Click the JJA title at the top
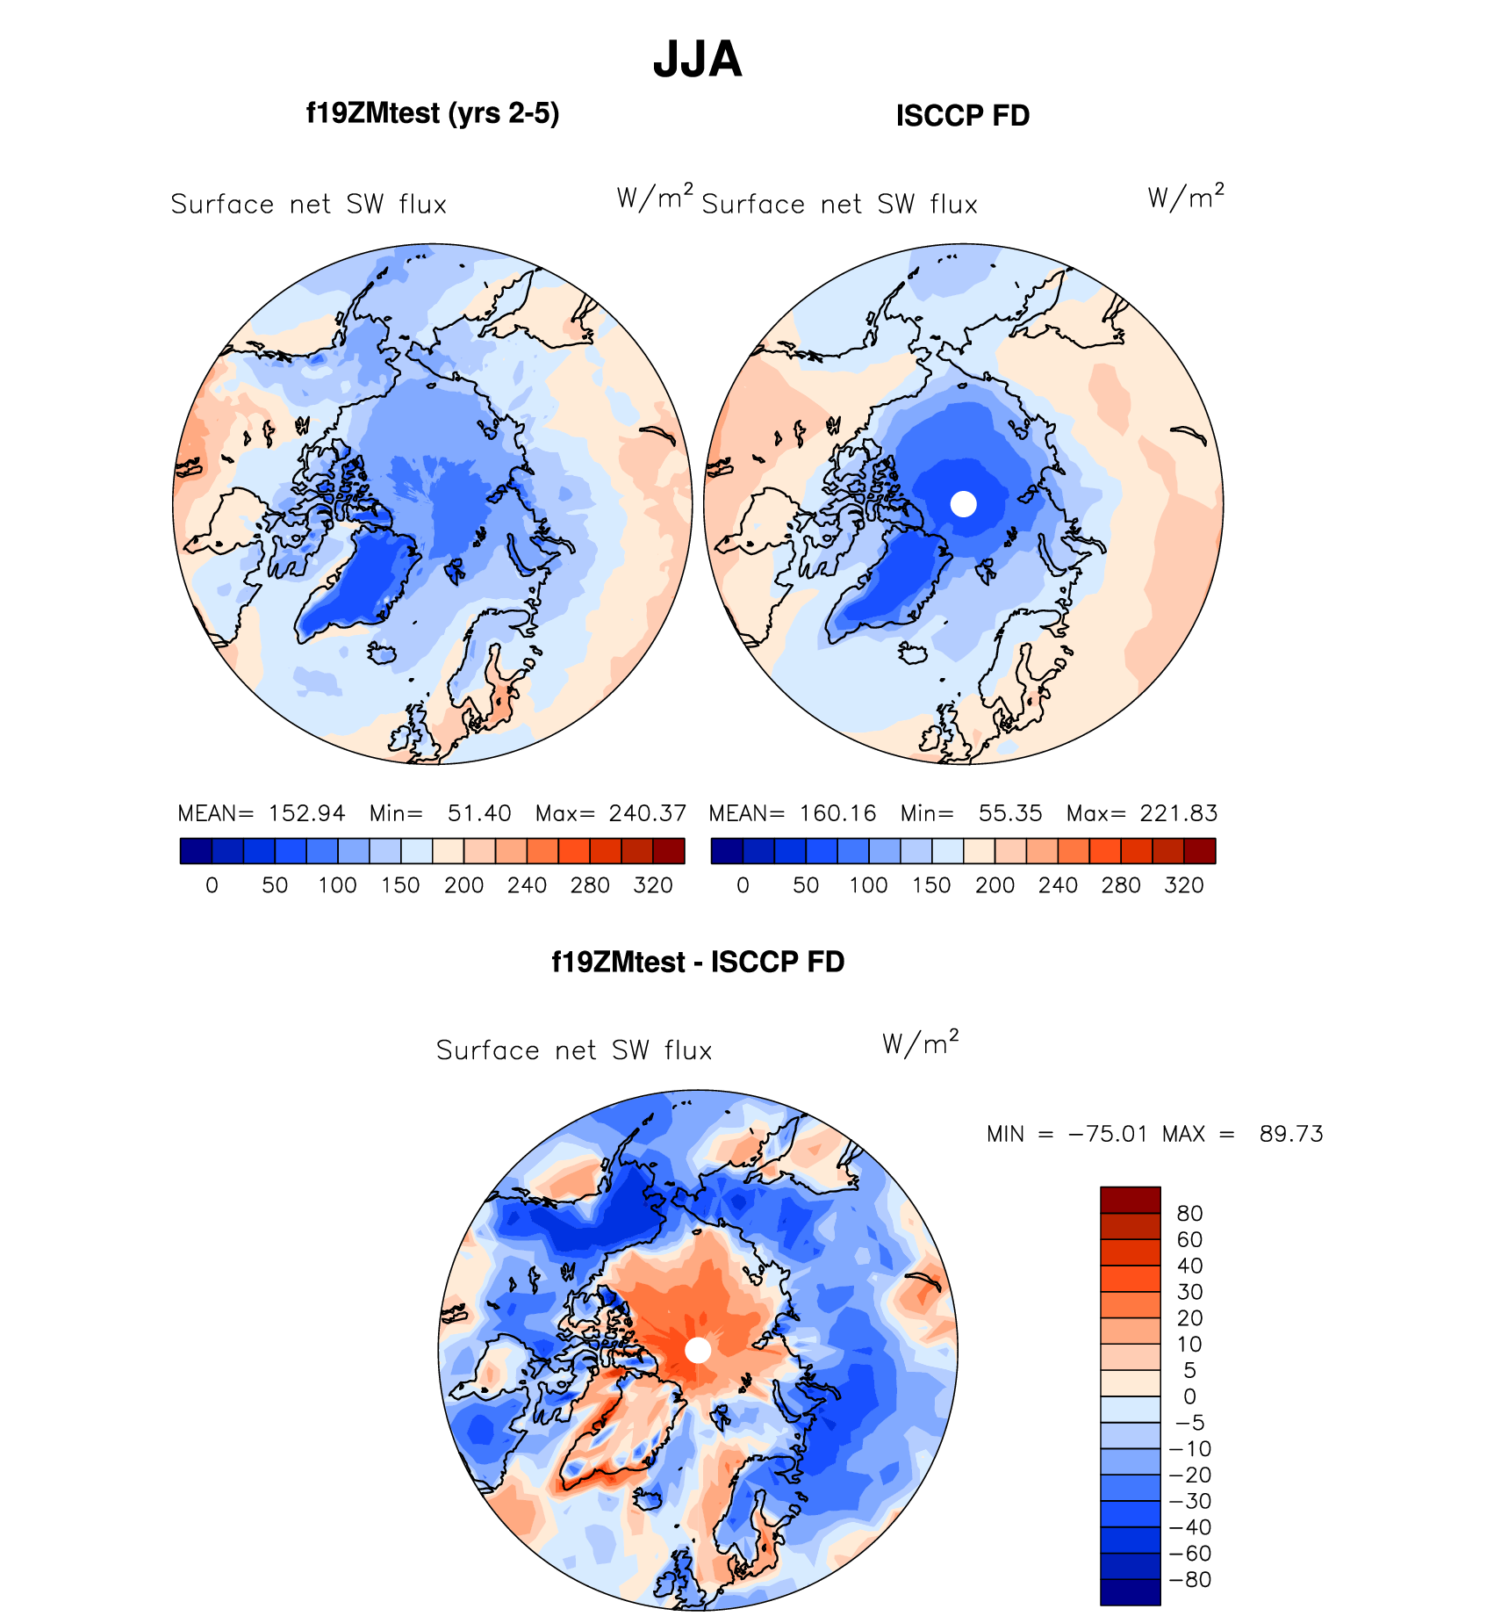click(x=698, y=60)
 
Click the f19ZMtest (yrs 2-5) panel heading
click(x=433, y=113)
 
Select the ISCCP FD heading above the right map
click(x=963, y=115)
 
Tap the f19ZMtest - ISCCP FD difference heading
click(x=698, y=962)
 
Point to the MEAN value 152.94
click(x=306, y=813)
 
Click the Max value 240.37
click(x=647, y=813)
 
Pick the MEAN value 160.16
click(x=837, y=813)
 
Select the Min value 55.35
click(x=1010, y=813)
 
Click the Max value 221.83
click(x=1178, y=813)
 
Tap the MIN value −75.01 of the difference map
click(x=1107, y=1134)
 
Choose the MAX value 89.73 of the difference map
click(x=1291, y=1134)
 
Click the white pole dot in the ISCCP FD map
click(x=964, y=504)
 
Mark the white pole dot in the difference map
click(x=698, y=1350)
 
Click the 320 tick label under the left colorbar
click(x=653, y=885)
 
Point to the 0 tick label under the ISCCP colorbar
click(x=743, y=885)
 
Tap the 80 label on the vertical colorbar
click(x=1189, y=1214)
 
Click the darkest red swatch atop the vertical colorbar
click(x=1131, y=1200)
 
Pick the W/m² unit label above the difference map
click(x=920, y=1042)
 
